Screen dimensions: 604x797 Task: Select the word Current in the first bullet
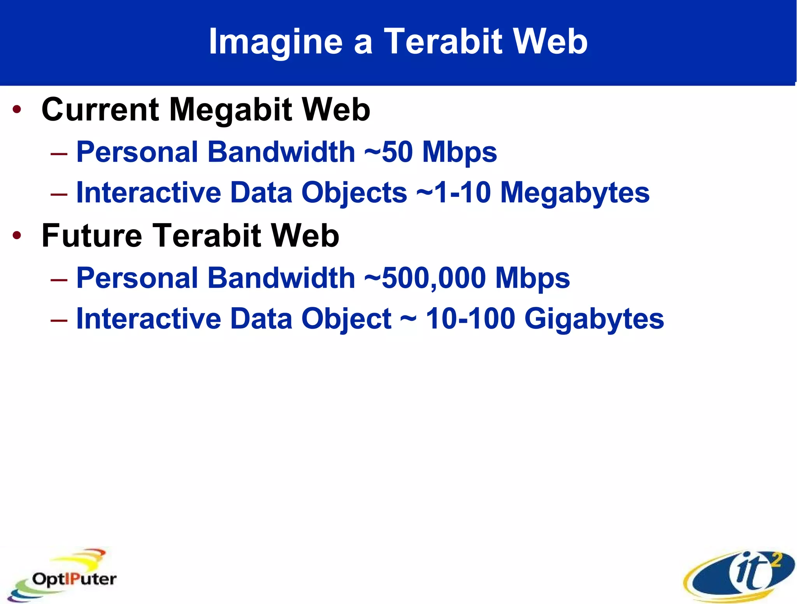click(100, 110)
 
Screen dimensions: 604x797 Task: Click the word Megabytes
click(575, 193)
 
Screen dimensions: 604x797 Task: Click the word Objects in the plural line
click(354, 193)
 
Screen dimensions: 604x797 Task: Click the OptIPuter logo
click(62, 576)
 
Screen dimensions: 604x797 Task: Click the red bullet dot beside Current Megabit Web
click(17, 110)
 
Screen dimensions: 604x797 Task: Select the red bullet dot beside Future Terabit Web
click(17, 235)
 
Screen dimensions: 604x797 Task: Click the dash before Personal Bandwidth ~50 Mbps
click(59, 154)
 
